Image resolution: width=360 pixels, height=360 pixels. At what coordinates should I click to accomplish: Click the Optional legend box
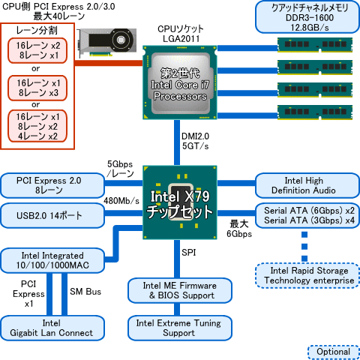pyautogui.click(x=330, y=352)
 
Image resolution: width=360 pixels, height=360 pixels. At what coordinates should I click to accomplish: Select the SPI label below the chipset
pyautogui.click(x=190, y=253)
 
